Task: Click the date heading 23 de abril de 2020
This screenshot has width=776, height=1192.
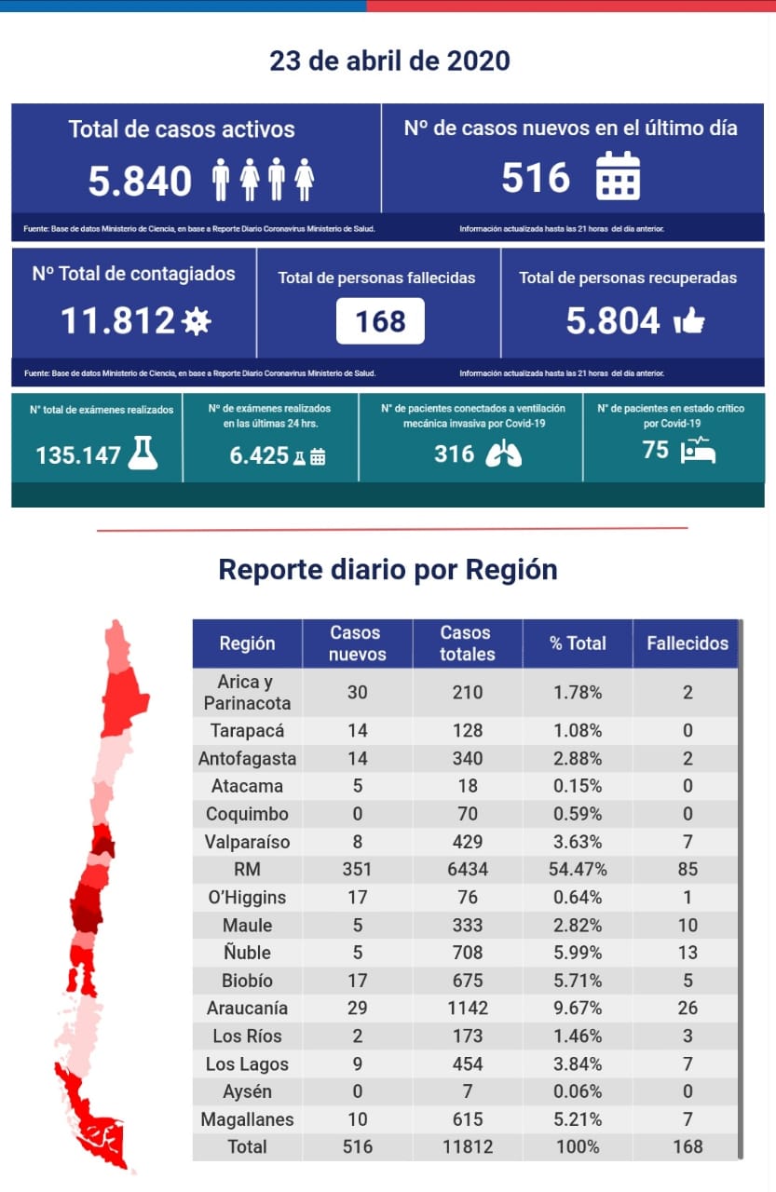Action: [x=389, y=61]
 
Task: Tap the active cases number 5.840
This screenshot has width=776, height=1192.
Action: [x=140, y=181]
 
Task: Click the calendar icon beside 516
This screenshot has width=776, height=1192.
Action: [x=618, y=176]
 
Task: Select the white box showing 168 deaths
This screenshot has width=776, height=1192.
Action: [x=380, y=321]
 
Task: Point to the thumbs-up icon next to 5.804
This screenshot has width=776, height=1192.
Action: [x=688, y=321]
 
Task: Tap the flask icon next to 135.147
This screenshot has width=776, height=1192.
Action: [x=143, y=453]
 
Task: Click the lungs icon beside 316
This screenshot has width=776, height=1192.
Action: [x=503, y=453]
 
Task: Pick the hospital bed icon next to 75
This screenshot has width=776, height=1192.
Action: [x=698, y=451]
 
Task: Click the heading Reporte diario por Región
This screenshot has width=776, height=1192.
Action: [x=388, y=569]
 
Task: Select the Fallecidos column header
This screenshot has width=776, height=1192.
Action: [x=688, y=643]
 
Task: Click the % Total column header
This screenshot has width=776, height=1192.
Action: [x=578, y=643]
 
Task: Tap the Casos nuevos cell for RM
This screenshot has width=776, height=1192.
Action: [x=357, y=870]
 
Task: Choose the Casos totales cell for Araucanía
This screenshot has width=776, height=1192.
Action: [x=467, y=1008]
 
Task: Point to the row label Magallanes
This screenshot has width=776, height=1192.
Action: [x=247, y=1119]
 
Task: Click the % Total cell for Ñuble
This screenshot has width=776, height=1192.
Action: [x=578, y=953]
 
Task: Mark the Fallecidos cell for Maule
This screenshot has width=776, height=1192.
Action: [x=688, y=925]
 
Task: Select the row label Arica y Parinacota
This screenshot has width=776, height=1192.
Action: [x=247, y=693]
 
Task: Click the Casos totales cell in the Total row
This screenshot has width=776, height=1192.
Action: [x=467, y=1146]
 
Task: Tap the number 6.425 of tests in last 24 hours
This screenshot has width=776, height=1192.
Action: [x=259, y=455]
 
